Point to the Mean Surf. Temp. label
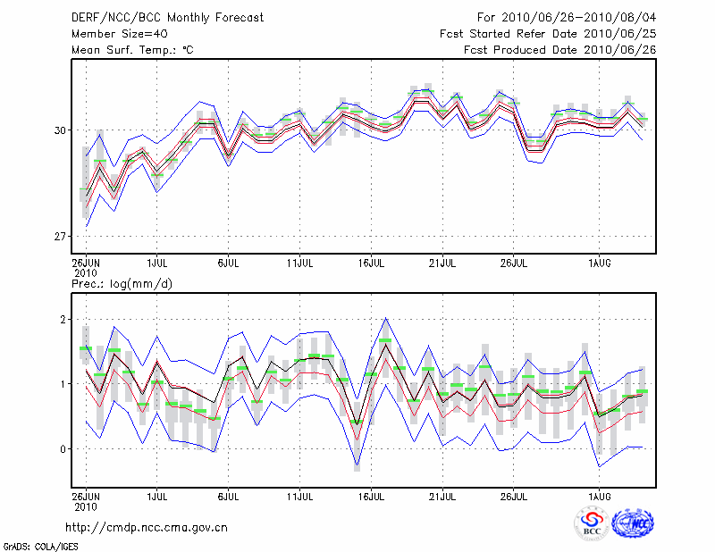pos(132,50)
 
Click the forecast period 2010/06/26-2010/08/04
pos(567,18)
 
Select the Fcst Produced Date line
pos(559,50)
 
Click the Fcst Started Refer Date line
pos(548,34)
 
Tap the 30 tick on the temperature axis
pos(62,130)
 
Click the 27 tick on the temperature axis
pos(62,237)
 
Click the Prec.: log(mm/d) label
pos(122,284)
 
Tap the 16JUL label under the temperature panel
pos(371,263)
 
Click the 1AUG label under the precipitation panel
pos(600,494)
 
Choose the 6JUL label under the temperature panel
pos(228,263)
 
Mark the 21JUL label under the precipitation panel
pos(442,494)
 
